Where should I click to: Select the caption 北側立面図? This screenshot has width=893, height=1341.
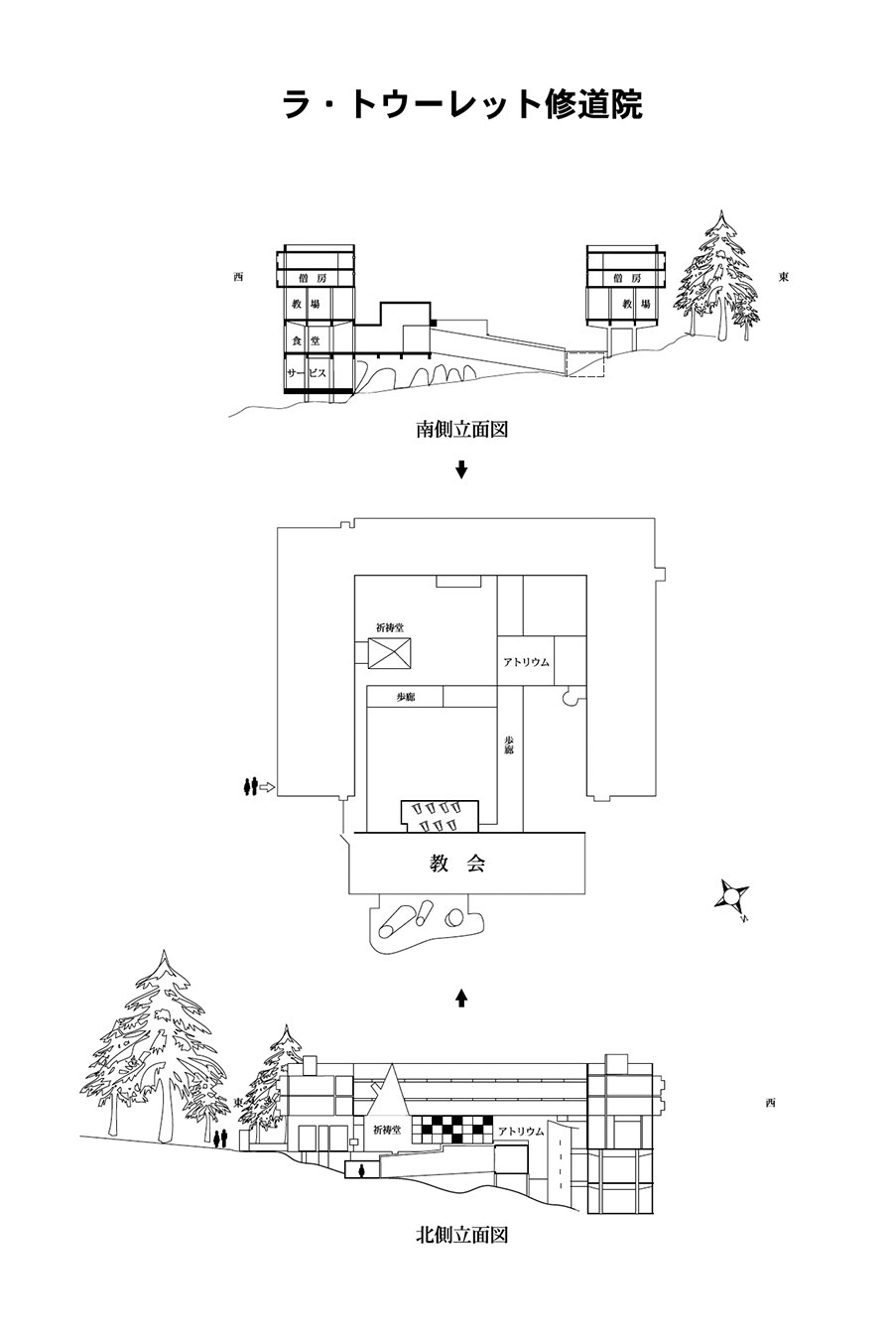coord(461,1236)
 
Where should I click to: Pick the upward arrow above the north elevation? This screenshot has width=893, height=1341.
coord(460,997)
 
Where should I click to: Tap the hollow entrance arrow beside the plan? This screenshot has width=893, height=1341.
coord(266,787)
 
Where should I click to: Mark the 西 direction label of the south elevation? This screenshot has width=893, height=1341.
coord(238,277)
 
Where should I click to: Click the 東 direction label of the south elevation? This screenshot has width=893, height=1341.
coord(784,277)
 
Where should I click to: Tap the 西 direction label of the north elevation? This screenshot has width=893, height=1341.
coord(770,1103)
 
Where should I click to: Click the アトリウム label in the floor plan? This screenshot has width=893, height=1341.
coord(526,662)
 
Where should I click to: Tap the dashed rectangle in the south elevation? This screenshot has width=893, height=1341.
coord(584,362)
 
